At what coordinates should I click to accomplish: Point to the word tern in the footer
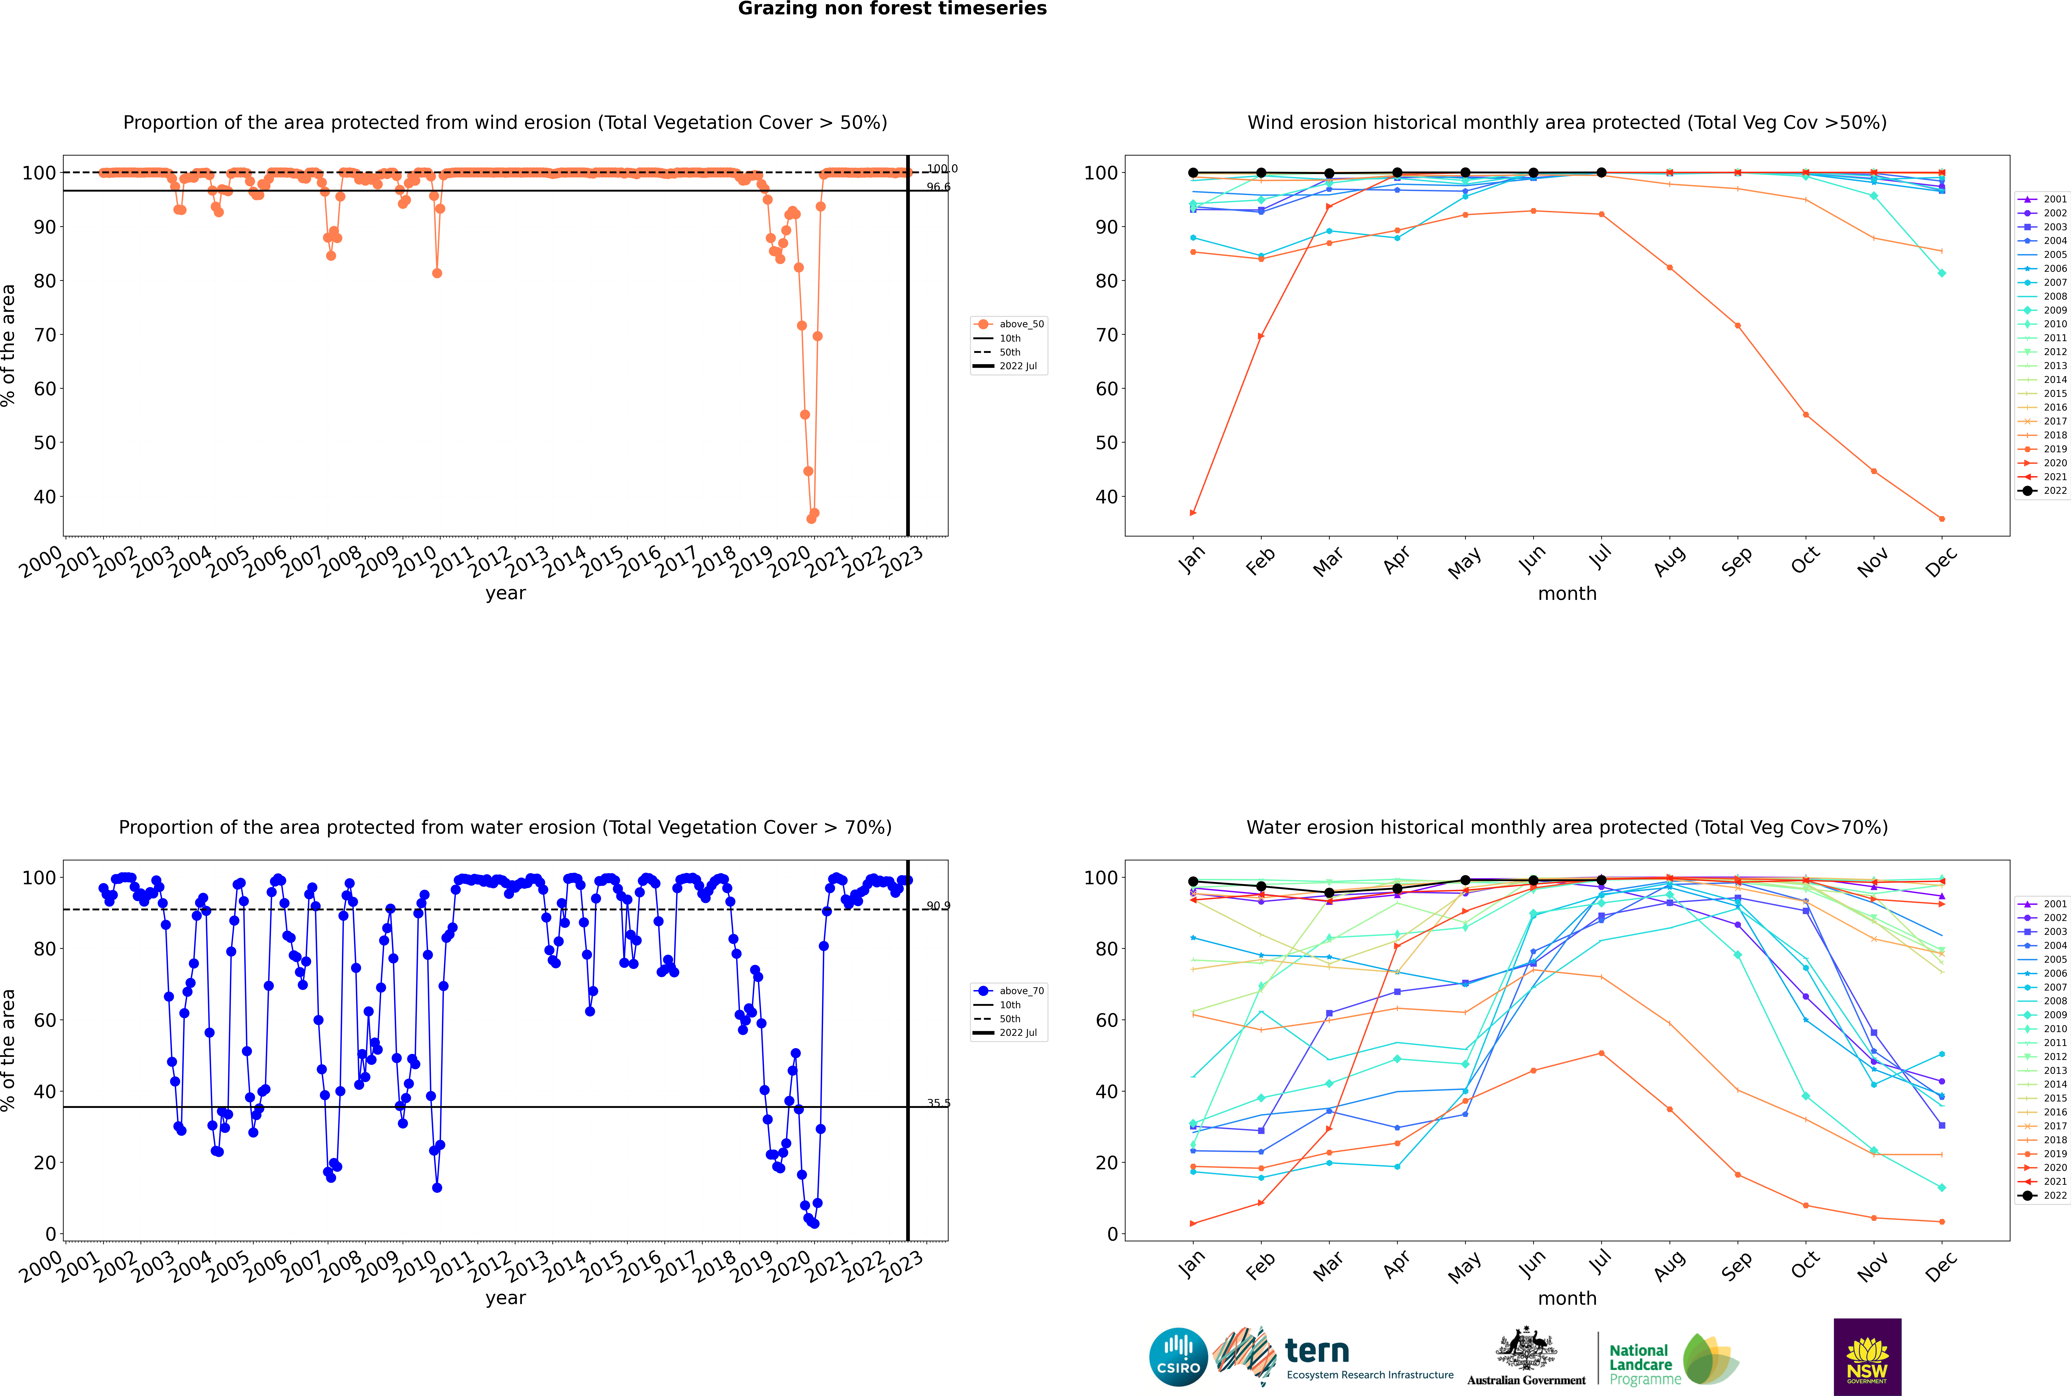coord(1317,1352)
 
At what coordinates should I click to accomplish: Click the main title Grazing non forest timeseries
coord(892,9)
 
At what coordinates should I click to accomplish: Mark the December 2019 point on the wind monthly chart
coord(1942,519)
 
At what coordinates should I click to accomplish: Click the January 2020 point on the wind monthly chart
coord(1193,513)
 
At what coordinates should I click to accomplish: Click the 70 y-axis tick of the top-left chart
coord(44,335)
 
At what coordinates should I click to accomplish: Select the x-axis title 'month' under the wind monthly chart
coord(1567,594)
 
